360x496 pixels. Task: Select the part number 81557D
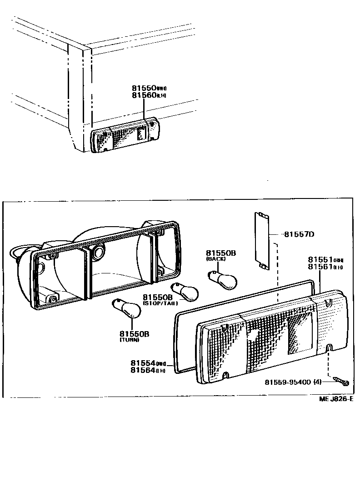click(x=300, y=234)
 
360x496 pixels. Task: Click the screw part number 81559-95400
click(x=288, y=382)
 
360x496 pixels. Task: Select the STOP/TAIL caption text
click(x=160, y=303)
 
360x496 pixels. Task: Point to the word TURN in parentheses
click(x=130, y=339)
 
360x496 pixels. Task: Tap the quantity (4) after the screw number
click(x=317, y=382)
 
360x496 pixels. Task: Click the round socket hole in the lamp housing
click(x=97, y=253)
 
